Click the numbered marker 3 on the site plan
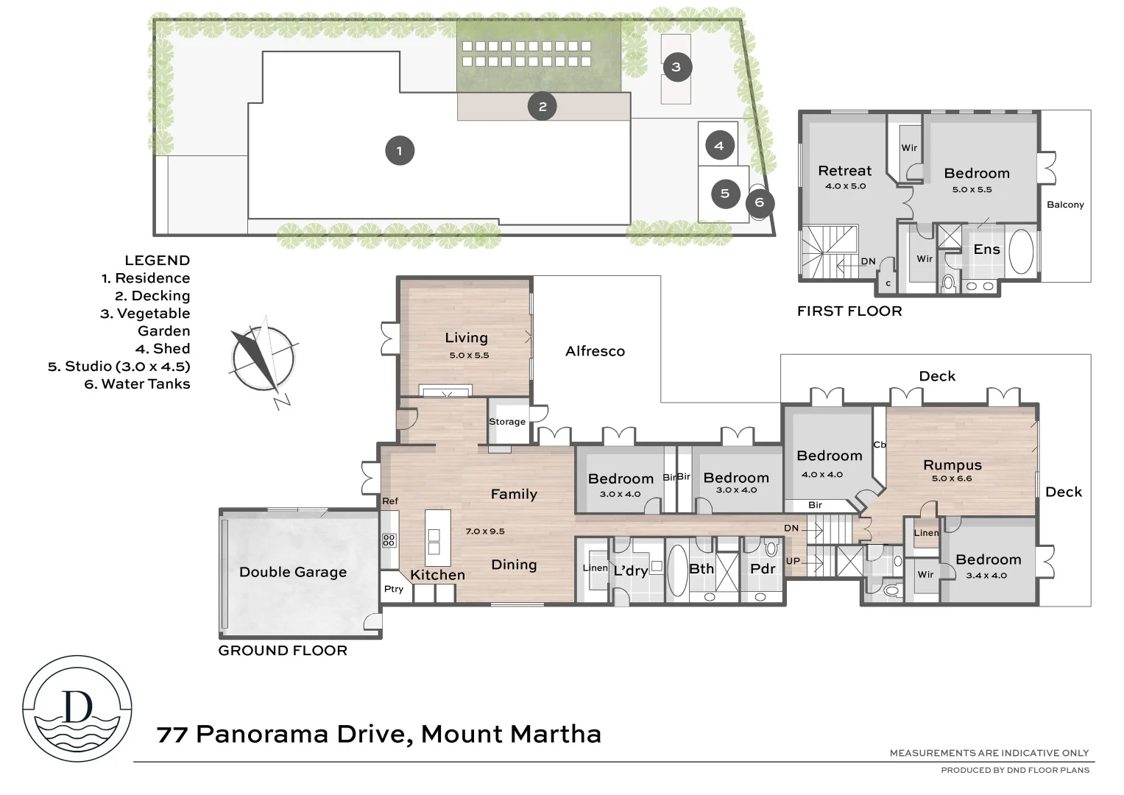[x=676, y=68]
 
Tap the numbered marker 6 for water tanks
[x=759, y=202]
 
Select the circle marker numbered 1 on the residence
[x=400, y=151]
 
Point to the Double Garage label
[x=293, y=572]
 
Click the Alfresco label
[x=595, y=352]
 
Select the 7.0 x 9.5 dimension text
[x=485, y=531]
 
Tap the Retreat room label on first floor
[x=844, y=171]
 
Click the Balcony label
[x=1065, y=205]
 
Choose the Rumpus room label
[x=952, y=465]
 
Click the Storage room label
[x=507, y=422]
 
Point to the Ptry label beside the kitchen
[x=394, y=589]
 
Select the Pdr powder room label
[x=763, y=569]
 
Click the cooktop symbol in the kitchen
[x=389, y=540]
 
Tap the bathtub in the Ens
[x=1021, y=252]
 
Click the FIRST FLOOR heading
[x=849, y=311]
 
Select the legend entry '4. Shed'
[x=162, y=349]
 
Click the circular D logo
[x=77, y=708]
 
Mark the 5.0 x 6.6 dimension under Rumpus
[x=952, y=478]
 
